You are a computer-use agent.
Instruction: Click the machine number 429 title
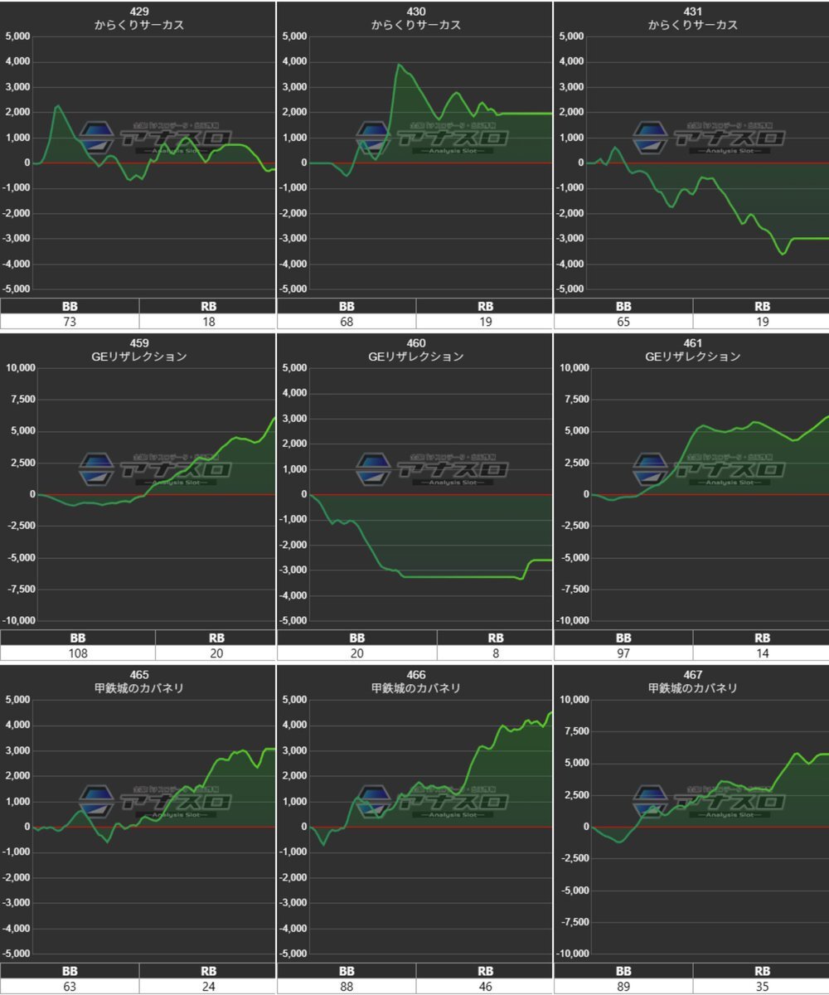[x=139, y=11]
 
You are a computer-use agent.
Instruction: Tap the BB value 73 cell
[x=70, y=322]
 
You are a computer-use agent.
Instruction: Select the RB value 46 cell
[x=485, y=987]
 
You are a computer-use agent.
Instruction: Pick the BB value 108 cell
[x=78, y=653]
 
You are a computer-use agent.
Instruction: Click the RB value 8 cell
[x=495, y=653]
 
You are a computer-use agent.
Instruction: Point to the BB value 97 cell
[x=623, y=653]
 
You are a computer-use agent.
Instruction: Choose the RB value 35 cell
[x=762, y=987]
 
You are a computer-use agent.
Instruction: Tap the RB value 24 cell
[x=208, y=987]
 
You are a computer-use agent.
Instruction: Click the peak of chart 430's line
[x=399, y=64]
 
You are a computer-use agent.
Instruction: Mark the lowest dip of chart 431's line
[x=783, y=254]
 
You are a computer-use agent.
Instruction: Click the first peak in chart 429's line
[x=58, y=105]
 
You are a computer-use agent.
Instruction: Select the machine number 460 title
[x=416, y=342]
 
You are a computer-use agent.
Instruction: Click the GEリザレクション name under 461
[x=693, y=357]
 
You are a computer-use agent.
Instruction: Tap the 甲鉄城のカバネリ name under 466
[x=416, y=688]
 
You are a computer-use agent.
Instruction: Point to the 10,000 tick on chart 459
[x=21, y=368]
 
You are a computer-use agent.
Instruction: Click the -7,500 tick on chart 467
[x=573, y=922]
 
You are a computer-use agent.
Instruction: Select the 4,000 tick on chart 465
[x=19, y=726]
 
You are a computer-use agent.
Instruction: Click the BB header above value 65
[x=623, y=306]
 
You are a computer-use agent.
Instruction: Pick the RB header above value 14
[x=762, y=638]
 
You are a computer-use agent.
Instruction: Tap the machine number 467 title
[x=693, y=674]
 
